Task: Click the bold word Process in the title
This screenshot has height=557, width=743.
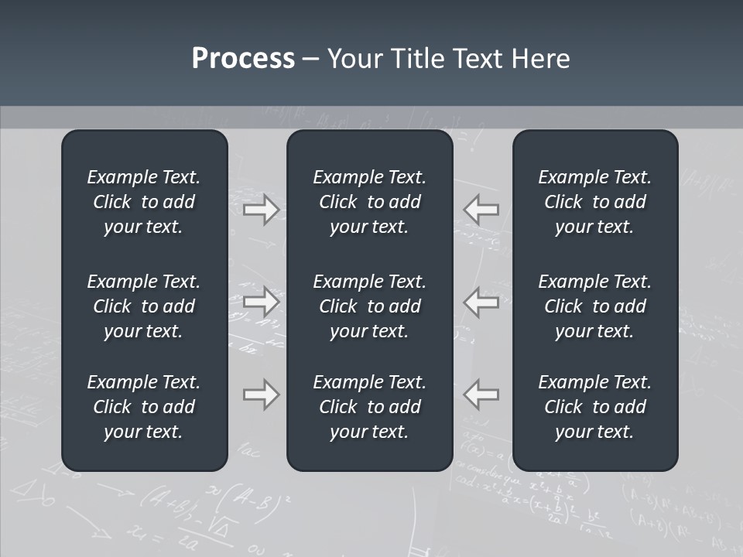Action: coord(243,59)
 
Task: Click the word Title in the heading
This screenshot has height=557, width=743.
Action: coord(419,59)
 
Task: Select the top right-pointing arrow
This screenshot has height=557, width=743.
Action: coord(261,210)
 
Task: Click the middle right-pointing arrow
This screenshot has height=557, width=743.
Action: coord(261,302)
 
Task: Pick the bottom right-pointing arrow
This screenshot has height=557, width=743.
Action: coord(261,395)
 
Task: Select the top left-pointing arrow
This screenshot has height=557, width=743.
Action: coord(481,210)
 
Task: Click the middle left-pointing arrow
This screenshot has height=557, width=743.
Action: coord(481,302)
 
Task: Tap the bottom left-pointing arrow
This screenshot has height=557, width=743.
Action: coord(481,395)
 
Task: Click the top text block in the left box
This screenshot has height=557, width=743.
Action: coord(144,202)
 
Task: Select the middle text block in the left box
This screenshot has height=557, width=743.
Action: coord(144,306)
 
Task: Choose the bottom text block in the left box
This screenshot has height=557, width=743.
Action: coord(144,407)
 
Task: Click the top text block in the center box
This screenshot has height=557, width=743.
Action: coord(369,202)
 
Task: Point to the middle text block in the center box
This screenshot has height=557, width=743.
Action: coord(369,306)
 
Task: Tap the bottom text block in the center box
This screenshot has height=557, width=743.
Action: coord(369,407)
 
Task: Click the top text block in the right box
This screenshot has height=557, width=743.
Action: coord(594,202)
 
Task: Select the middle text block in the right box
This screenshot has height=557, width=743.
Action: coord(594,306)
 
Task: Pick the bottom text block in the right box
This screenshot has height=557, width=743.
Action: coord(594,407)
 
